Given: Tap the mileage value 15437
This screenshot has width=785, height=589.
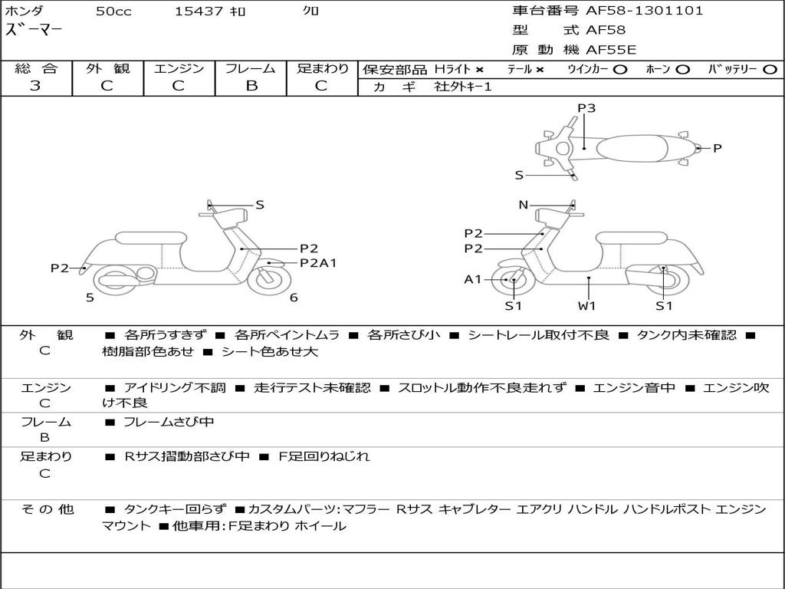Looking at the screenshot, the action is coord(199,11).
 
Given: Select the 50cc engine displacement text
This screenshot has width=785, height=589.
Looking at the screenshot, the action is coord(113,11).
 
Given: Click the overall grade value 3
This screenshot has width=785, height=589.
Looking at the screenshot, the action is coord(35,85).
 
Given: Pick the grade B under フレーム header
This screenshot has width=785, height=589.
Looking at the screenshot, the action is coord(251,85).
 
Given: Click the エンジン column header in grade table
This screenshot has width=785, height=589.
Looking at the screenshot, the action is coord(179,68).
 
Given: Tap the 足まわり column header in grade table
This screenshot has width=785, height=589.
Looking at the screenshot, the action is coord(323,68).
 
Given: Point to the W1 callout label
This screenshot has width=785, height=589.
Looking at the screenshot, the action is coord(587,305).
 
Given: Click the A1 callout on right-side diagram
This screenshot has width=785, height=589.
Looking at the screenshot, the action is coord(472,279).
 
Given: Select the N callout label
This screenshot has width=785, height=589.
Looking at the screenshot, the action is coord(524,205).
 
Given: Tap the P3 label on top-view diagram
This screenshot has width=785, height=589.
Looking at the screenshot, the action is coord(586,108).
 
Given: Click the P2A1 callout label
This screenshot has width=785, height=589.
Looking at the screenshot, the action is coord(318,263).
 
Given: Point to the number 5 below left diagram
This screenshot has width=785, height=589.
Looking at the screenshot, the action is coord(90,298).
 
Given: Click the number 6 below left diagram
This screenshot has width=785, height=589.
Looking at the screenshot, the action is coord(294,298).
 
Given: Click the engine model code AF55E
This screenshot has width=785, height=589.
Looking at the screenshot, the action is coord(610,50).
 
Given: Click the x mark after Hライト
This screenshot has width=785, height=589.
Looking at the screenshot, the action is coord(479,69).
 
